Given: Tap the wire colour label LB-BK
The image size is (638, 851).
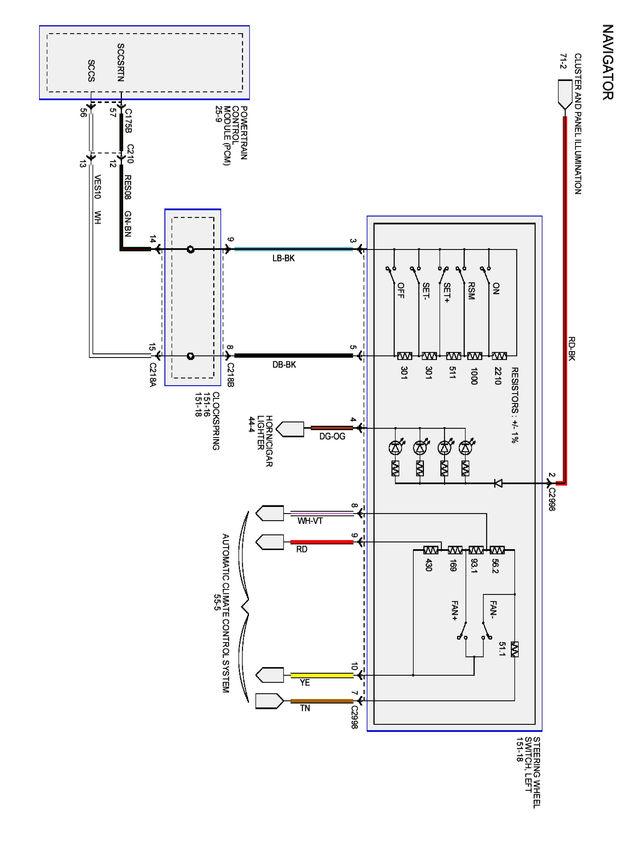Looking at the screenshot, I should click(284, 258).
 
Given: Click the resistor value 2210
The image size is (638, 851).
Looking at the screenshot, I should click(498, 376).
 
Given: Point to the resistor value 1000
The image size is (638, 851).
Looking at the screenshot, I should click(474, 376).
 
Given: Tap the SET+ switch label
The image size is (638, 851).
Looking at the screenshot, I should click(447, 292).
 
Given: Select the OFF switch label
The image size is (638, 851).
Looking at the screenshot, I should click(401, 290).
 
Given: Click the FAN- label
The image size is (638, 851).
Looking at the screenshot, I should click(494, 609).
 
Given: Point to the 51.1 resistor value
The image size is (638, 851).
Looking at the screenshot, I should click(502, 649).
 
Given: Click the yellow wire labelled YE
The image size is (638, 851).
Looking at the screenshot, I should click(322, 675).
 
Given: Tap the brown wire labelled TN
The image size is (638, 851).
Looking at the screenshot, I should click(322, 701).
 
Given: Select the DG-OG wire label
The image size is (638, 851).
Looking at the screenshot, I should click(332, 436).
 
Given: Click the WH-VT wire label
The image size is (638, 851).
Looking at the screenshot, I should click(310, 521).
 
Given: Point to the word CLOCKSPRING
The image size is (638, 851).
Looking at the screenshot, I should click(216, 421).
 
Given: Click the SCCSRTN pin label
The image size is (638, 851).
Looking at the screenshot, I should click(121, 62).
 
